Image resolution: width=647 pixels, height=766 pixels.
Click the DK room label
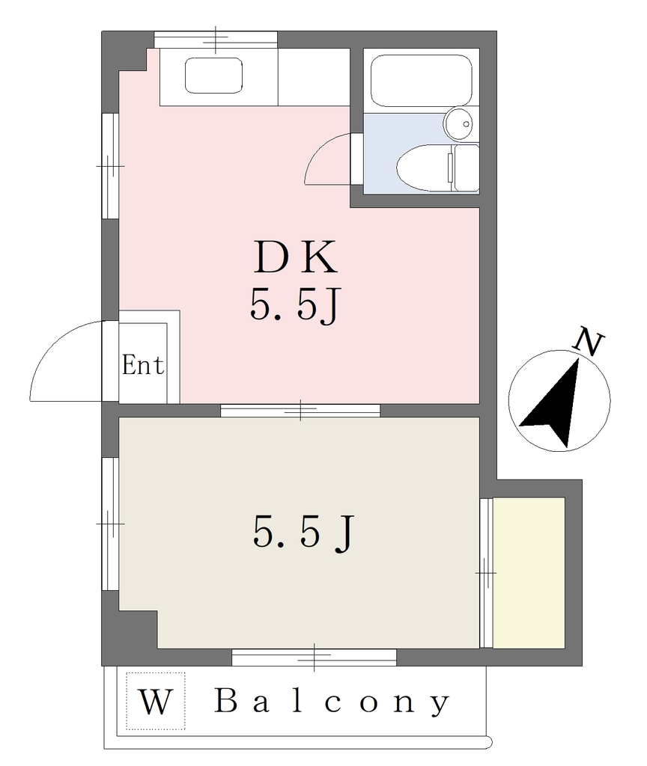(x=295, y=257)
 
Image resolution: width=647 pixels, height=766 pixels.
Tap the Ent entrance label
(x=143, y=365)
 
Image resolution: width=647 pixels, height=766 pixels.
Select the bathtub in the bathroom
(x=421, y=81)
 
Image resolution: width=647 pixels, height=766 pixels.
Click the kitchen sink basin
(x=213, y=76)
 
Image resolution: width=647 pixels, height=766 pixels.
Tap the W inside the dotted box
(x=156, y=702)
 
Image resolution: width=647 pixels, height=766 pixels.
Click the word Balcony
(x=332, y=702)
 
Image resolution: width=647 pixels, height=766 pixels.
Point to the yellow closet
(x=529, y=572)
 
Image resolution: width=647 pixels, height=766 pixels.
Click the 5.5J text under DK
(x=294, y=304)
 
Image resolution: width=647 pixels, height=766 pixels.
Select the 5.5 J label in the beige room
(x=303, y=533)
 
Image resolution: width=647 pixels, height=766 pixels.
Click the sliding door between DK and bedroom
(x=300, y=411)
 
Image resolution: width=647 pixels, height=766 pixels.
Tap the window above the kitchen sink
(x=216, y=40)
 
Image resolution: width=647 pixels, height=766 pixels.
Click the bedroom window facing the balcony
(x=314, y=657)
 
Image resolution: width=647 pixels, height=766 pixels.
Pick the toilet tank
(x=466, y=168)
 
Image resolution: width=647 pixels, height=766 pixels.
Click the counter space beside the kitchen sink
(x=314, y=77)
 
